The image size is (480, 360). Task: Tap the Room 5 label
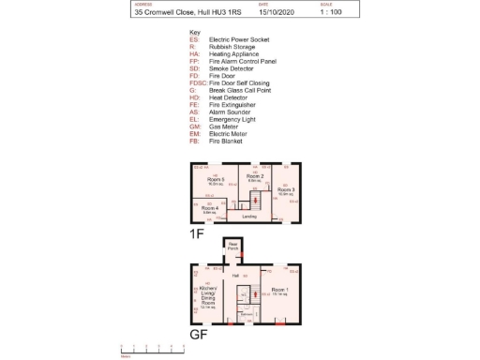(x=217, y=179)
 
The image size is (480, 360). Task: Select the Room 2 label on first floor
(x=255, y=176)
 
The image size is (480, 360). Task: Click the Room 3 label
(x=286, y=189)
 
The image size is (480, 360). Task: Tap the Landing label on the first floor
(x=249, y=217)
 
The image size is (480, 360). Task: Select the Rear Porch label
(x=232, y=247)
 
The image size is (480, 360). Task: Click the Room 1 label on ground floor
(x=279, y=290)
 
